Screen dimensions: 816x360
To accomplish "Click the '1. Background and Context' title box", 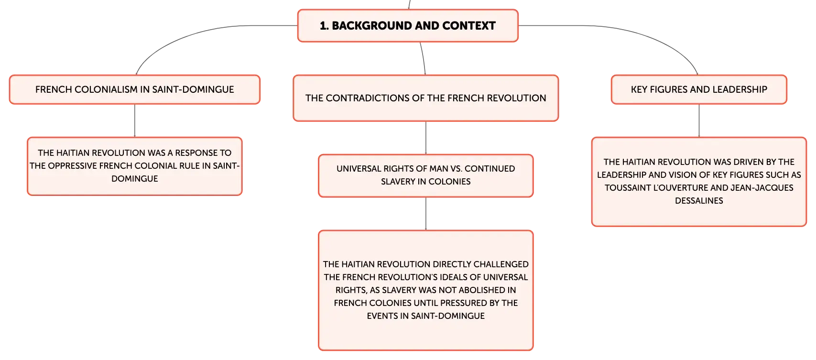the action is tap(408, 25).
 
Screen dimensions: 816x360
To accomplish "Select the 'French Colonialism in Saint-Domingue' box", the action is tap(135, 89).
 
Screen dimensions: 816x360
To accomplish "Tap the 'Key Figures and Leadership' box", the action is tap(699, 89).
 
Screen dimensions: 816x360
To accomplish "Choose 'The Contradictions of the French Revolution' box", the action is tap(426, 98).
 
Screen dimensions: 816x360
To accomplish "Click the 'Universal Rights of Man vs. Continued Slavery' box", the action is tap(426, 175).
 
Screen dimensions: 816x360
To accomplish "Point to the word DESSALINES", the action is tap(699, 201).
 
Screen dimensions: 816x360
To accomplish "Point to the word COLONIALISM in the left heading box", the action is tap(108, 89).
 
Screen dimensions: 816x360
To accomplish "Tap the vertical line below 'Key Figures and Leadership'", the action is tap(699, 120).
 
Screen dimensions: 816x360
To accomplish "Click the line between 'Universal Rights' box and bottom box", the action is tap(426, 214).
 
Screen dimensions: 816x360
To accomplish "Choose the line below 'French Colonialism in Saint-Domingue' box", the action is tap(135, 120).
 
